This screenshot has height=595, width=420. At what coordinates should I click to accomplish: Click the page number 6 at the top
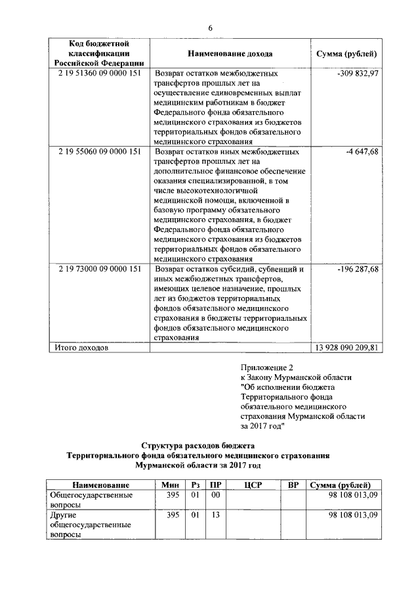pos(210,28)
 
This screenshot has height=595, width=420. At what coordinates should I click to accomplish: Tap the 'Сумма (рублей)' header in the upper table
pos(346,53)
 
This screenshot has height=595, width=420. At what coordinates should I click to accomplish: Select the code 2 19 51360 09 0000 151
pos(99,74)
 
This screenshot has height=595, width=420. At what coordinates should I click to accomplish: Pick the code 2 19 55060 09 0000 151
pos(99,151)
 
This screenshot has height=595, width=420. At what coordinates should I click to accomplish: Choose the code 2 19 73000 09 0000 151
pos(99,270)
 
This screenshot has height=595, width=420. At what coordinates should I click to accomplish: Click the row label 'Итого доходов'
pos(78,348)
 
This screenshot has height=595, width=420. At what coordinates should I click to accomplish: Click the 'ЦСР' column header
pos(253,485)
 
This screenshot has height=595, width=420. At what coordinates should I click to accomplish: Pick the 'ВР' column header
pos(293,485)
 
